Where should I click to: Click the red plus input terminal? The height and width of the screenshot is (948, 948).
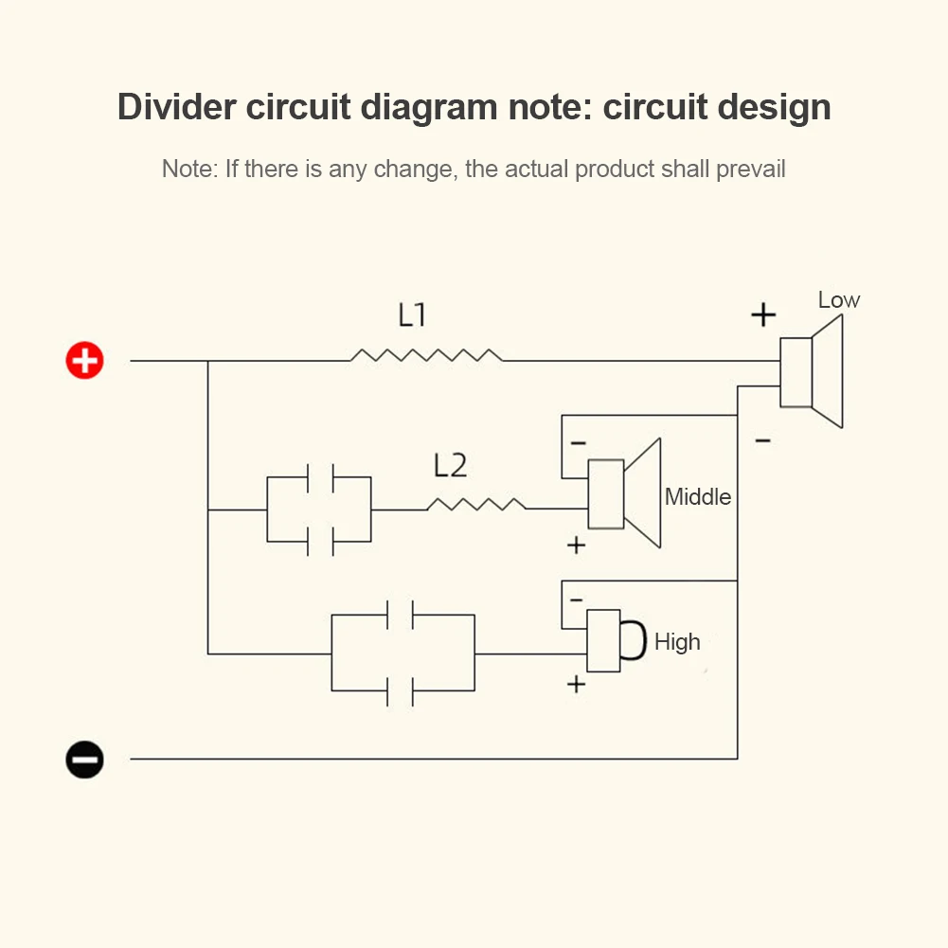[x=84, y=361]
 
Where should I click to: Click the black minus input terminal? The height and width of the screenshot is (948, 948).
[x=84, y=759]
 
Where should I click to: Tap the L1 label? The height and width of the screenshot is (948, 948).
[x=412, y=315]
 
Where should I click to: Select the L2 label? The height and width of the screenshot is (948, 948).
[x=451, y=466]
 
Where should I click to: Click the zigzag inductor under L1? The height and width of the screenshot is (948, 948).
[x=426, y=355]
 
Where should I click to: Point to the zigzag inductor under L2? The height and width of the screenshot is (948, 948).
[x=476, y=504]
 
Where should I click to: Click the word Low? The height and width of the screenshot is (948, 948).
[x=839, y=300]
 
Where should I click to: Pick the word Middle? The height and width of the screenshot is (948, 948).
[x=698, y=496]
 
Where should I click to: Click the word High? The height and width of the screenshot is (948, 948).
[x=677, y=642]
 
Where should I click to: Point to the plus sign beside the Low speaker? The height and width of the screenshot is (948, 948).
[x=763, y=314]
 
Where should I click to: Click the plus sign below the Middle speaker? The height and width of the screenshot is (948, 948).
[x=576, y=546]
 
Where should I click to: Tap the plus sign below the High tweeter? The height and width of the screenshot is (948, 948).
[x=576, y=684]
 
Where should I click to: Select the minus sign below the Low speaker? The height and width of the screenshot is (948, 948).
[x=763, y=440]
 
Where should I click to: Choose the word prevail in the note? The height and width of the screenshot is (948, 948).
[x=751, y=170]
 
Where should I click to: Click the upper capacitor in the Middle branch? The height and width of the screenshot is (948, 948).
[x=320, y=478]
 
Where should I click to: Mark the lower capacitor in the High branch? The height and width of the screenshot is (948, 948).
[x=400, y=691]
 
